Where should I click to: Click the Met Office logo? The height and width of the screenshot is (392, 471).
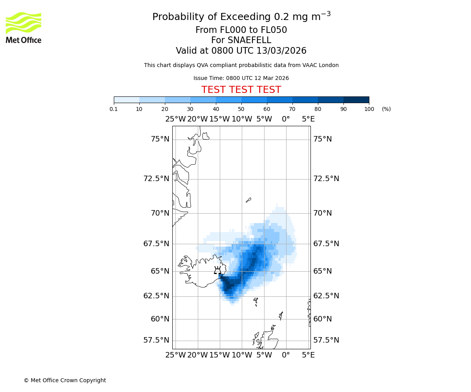(x=24, y=27)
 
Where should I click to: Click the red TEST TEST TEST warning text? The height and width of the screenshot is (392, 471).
(x=241, y=90)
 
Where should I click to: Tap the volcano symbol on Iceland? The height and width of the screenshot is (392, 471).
(x=217, y=270)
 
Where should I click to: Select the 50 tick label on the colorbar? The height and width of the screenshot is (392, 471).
(x=241, y=109)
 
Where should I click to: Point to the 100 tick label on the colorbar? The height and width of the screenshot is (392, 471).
(x=369, y=109)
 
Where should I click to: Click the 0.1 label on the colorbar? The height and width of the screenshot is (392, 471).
(x=114, y=109)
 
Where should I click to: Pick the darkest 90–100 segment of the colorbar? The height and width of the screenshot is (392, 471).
(x=356, y=100)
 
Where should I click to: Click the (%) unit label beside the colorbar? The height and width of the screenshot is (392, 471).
(x=386, y=109)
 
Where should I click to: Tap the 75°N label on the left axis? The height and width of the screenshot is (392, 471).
(x=160, y=139)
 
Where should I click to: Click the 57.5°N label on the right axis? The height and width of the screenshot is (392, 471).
(x=326, y=340)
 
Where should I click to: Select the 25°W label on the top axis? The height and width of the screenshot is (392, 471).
(x=175, y=119)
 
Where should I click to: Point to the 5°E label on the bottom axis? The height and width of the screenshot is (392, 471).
(x=308, y=355)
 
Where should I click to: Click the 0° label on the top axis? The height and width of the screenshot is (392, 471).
(x=286, y=119)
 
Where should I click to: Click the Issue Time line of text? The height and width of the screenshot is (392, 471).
(x=241, y=78)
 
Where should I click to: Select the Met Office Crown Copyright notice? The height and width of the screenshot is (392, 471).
(x=65, y=380)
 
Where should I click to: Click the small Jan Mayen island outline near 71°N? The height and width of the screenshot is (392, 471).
(x=248, y=200)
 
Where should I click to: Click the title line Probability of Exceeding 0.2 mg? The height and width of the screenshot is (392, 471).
(x=241, y=17)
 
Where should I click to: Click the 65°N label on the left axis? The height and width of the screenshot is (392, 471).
(x=160, y=271)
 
